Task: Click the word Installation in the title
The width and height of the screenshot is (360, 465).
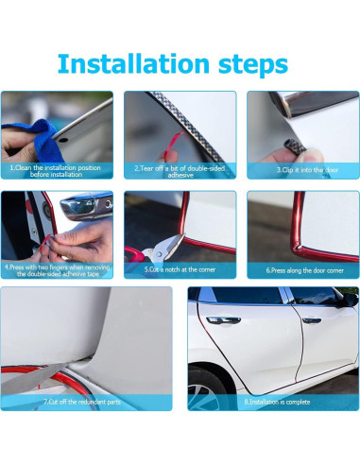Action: (133, 63)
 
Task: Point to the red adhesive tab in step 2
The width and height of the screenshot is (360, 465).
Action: (173, 145)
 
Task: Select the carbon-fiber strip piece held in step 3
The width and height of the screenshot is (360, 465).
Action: (294, 146)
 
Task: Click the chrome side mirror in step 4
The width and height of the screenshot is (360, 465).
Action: (86, 207)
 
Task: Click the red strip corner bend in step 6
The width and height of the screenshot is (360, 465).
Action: (299, 248)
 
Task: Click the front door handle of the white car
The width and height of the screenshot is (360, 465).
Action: (312, 320)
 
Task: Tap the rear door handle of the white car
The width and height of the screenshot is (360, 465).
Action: (223, 320)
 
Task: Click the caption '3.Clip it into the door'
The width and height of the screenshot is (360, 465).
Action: (307, 170)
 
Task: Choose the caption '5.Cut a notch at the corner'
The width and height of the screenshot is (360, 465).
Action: (180, 269)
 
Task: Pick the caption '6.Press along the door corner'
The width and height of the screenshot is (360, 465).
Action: (304, 270)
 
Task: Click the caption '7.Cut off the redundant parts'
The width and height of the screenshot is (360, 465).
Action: (82, 402)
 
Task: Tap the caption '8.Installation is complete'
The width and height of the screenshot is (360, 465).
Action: (277, 402)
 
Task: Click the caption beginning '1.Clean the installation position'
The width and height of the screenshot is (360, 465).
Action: (56, 171)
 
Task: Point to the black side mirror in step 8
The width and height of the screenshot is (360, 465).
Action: (351, 300)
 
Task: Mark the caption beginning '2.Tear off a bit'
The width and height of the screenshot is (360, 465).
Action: (180, 172)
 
